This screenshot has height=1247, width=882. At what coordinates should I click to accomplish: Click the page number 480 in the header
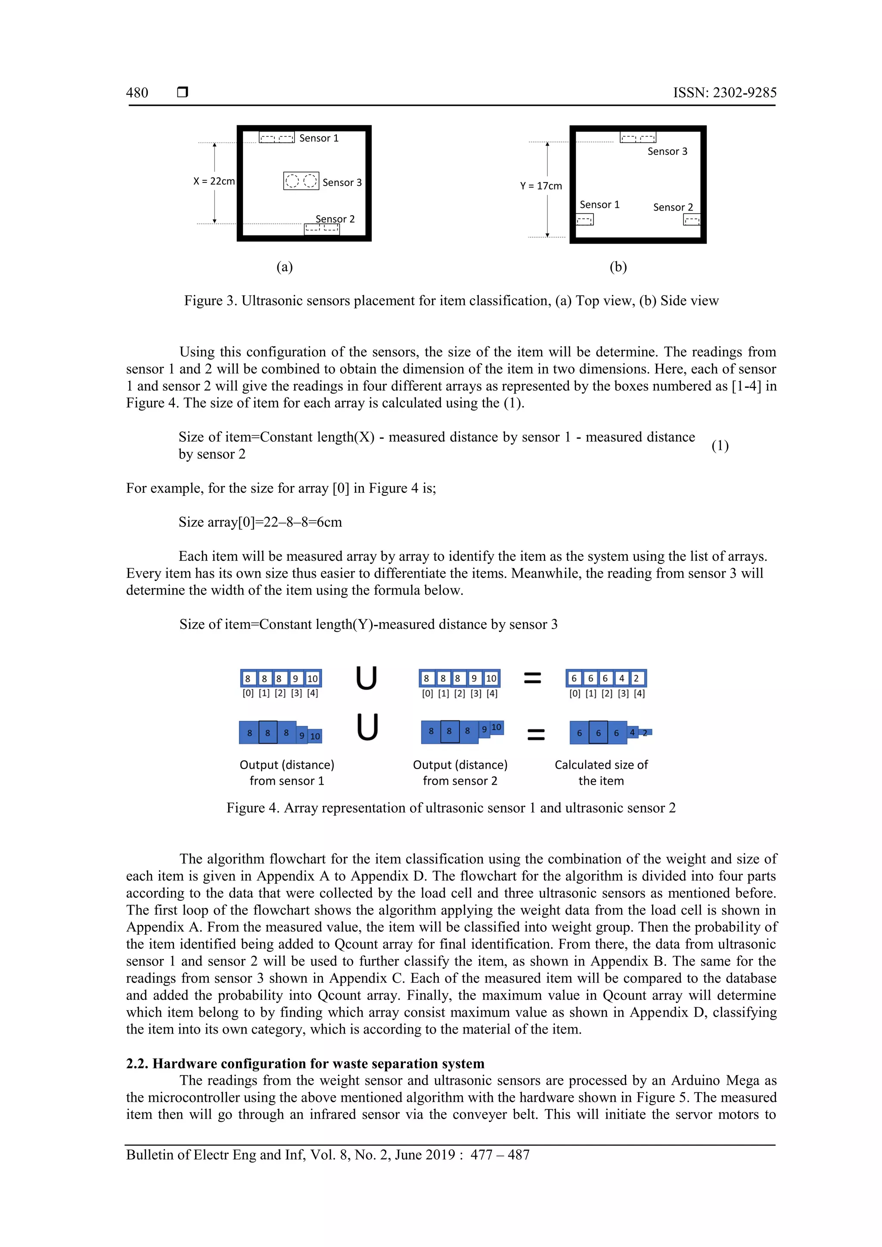(x=137, y=93)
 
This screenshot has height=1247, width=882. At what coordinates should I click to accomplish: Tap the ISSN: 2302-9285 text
(x=724, y=93)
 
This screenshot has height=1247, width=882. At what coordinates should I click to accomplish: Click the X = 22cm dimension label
(x=214, y=181)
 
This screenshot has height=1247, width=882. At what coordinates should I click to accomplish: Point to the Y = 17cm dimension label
(x=541, y=186)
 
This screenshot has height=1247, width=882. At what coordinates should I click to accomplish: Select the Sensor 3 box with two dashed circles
(x=301, y=181)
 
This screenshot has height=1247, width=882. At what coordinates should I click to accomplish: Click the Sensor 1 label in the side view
(x=599, y=205)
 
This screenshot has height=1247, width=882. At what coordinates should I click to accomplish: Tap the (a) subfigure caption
(x=285, y=267)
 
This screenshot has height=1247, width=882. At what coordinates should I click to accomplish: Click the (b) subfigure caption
(x=618, y=267)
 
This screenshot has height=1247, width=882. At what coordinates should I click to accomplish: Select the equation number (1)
(x=720, y=446)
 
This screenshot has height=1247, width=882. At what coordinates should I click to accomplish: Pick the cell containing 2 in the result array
(x=637, y=678)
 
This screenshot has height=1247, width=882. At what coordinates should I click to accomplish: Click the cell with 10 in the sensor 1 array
(x=313, y=678)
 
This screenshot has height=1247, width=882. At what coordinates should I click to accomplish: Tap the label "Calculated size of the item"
(x=601, y=772)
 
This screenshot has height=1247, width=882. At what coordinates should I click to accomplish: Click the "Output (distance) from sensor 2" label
(x=460, y=772)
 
